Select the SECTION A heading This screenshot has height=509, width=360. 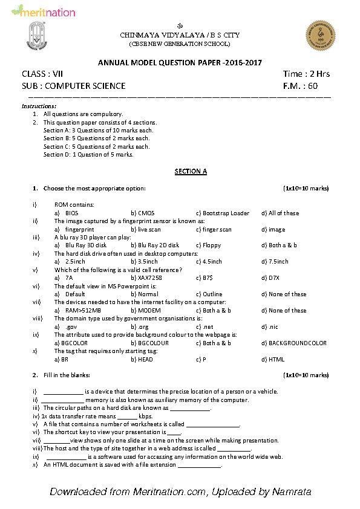click(191, 171)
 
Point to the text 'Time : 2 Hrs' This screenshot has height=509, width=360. click(306, 74)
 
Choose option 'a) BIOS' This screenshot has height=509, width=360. click(66, 213)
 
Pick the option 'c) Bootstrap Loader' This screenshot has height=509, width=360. click(223, 213)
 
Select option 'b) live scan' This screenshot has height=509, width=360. click(146, 229)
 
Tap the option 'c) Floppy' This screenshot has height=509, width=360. click(208, 245)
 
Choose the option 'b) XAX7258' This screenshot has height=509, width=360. click(146, 277)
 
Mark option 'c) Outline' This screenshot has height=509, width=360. click(209, 294)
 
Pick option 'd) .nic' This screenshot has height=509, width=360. click(269, 326)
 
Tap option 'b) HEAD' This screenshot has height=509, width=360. click(142, 359)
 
